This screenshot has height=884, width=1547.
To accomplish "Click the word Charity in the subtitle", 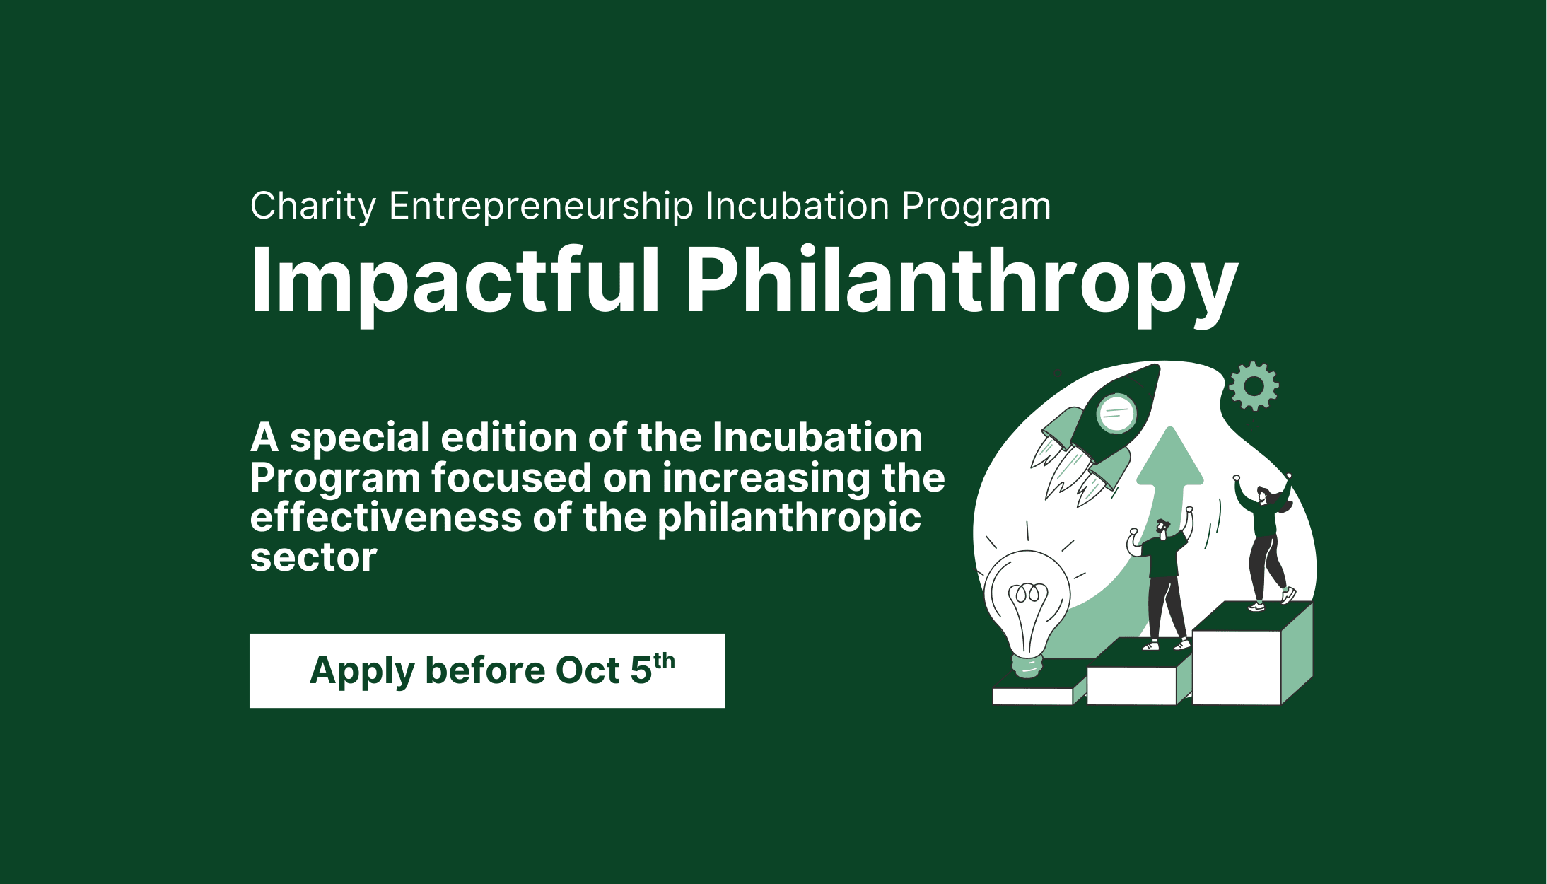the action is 313,207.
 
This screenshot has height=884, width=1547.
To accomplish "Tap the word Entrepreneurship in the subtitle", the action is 541,207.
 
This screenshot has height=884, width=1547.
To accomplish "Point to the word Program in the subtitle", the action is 976,207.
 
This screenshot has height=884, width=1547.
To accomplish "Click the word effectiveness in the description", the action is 385,518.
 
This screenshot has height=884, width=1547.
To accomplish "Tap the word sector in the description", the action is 313,558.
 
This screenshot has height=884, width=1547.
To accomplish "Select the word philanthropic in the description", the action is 789,519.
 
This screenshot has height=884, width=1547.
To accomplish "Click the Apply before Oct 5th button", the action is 487,670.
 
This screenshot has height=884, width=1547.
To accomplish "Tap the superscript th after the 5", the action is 664,661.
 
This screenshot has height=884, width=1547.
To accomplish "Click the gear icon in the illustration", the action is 1254,386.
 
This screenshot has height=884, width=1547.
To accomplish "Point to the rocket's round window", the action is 1116,413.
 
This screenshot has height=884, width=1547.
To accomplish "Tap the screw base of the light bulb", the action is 1027,665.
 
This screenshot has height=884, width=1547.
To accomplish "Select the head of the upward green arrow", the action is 1169,457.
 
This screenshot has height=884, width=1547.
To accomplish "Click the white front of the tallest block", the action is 1237,667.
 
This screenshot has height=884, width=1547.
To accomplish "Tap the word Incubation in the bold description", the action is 817,438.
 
